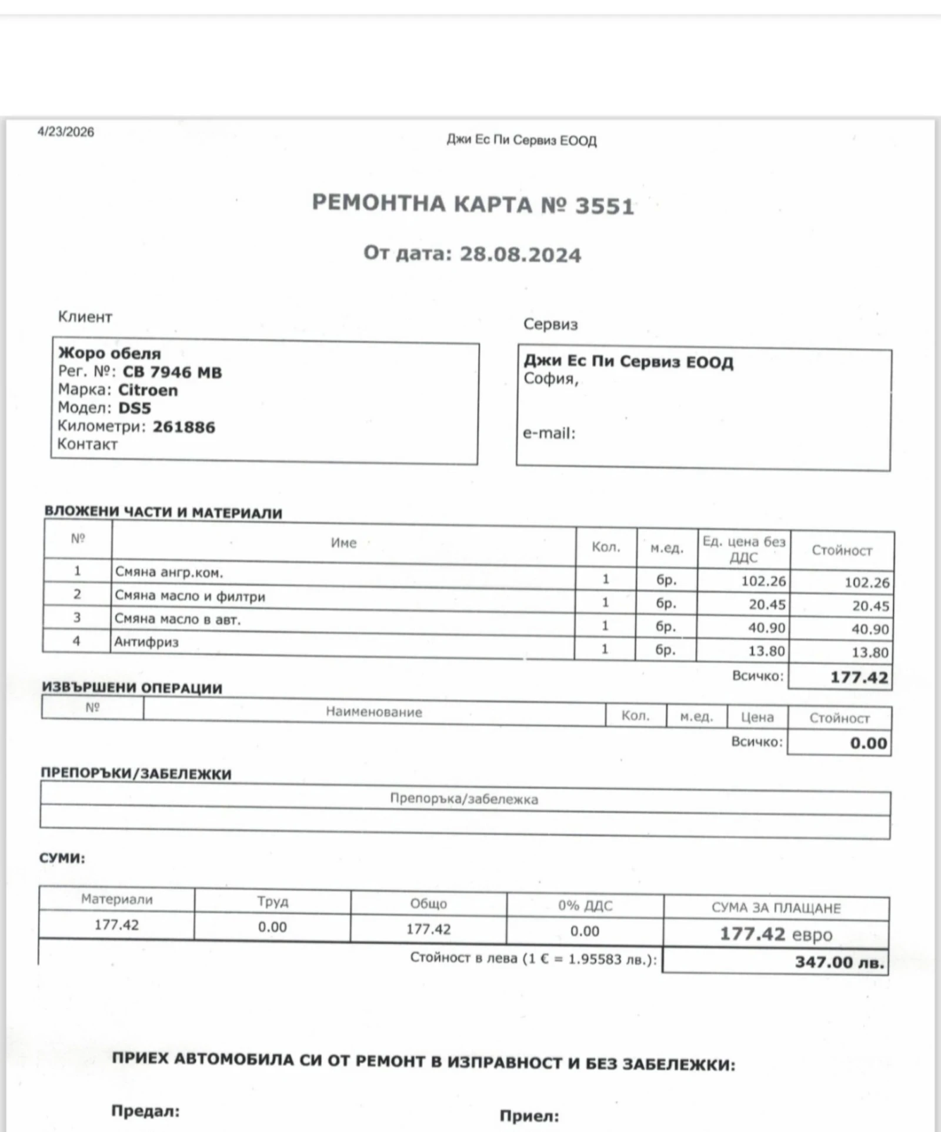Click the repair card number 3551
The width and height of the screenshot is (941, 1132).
(605, 206)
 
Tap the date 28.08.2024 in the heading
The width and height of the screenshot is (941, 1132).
(520, 255)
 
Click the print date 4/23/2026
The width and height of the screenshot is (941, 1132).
(66, 132)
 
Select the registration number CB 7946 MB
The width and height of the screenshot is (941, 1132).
(172, 372)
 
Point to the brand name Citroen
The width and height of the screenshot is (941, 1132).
(148, 390)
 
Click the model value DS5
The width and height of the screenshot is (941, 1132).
(135, 408)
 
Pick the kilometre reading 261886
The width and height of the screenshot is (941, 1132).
(184, 427)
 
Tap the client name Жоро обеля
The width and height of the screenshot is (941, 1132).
(109, 353)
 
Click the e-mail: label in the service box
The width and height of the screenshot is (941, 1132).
(549, 433)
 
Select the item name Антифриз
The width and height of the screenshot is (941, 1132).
(146, 642)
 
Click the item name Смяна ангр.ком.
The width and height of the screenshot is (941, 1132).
(169, 572)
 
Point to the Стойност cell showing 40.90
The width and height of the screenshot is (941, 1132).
(870, 629)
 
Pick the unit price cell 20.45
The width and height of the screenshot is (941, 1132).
(766, 605)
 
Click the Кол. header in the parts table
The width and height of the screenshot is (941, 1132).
(606, 547)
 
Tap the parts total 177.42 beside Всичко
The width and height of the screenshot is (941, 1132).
(859, 677)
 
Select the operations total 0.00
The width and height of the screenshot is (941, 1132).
(868, 743)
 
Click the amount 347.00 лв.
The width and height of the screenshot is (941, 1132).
(839, 963)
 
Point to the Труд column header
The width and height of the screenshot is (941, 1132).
(272, 901)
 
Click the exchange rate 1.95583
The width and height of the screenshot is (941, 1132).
(595, 959)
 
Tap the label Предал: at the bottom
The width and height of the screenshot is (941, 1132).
(145, 1111)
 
